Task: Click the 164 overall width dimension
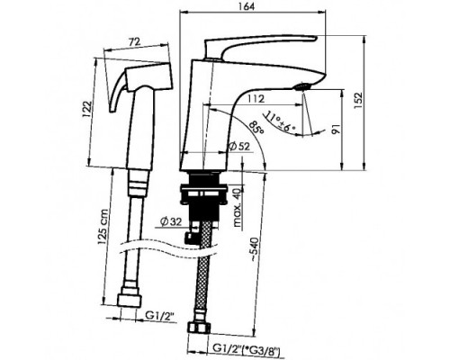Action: pyautogui.click(x=247, y=6)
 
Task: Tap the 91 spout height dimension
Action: pyautogui.click(x=337, y=129)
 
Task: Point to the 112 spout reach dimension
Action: pyautogui.click(x=256, y=99)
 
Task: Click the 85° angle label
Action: pyautogui.click(x=257, y=127)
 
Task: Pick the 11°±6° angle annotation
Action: pyautogui.click(x=279, y=122)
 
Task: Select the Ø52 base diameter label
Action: pyautogui.click(x=239, y=147)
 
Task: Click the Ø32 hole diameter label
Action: pyautogui.click(x=171, y=222)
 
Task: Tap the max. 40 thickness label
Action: pyautogui.click(x=238, y=207)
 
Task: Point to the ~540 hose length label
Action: pyautogui.click(x=255, y=249)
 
